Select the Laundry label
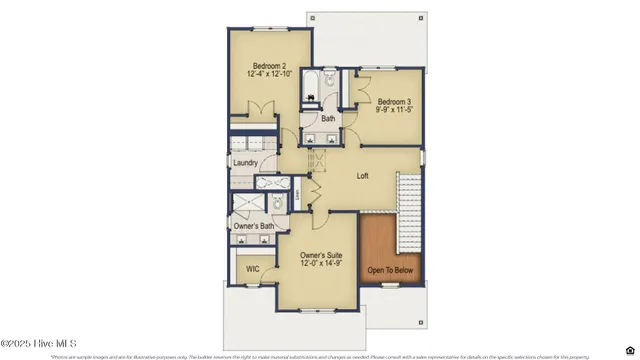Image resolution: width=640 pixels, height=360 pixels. click(x=246, y=163)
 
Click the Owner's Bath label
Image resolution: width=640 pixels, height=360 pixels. click(x=254, y=227)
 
